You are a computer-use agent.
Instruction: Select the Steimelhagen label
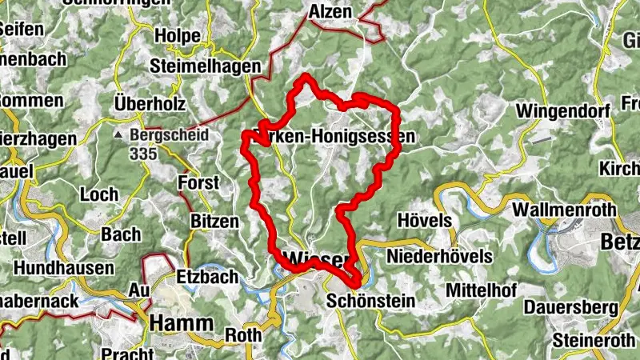(205, 66)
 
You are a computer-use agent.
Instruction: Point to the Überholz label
(150, 104)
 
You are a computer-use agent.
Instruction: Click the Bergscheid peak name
(168, 135)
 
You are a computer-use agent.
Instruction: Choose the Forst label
(199, 182)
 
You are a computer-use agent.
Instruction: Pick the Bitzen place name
(214, 220)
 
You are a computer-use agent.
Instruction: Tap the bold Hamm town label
(181, 322)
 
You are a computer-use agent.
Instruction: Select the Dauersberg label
(568, 308)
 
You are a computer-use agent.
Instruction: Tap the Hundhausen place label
(64, 268)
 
